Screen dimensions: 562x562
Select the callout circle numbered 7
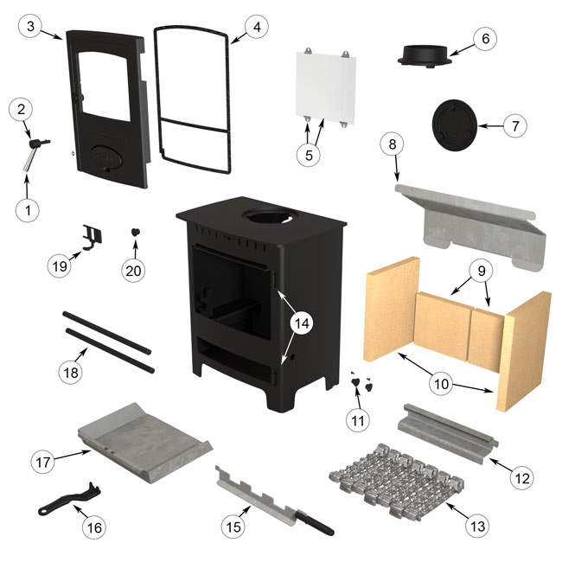pyautogui.click(x=514, y=125)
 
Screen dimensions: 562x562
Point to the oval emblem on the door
pyautogui.click(x=108, y=156)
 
